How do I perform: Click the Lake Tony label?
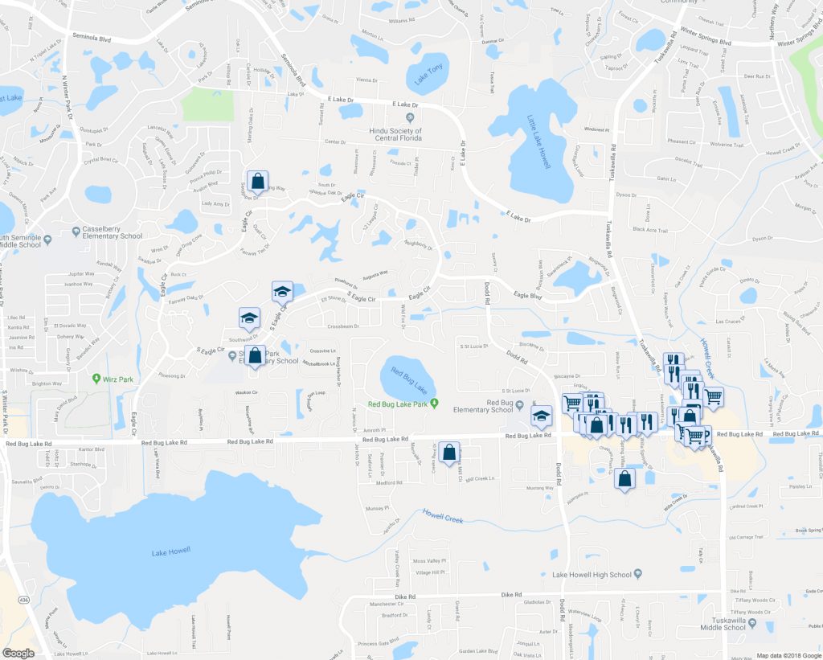[x=428, y=77]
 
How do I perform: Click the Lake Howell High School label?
[x=592, y=574]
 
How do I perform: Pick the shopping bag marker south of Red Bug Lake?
[x=449, y=452]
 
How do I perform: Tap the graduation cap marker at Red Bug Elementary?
[x=543, y=416]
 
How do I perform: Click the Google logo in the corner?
[x=18, y=653]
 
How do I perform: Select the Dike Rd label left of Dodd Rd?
[x=407, y=597]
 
